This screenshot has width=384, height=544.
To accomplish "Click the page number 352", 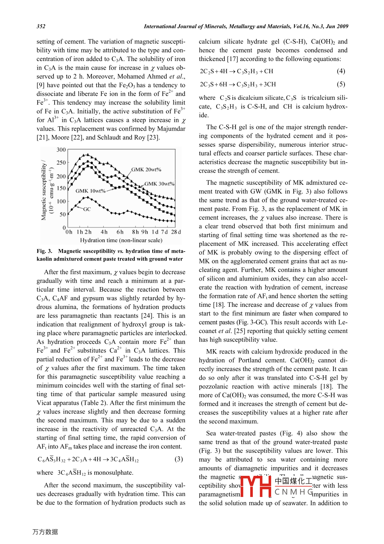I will (41, 26).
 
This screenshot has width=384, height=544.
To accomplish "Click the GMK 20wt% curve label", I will (146, 169).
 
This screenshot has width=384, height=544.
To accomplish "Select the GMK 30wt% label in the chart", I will (160, 184).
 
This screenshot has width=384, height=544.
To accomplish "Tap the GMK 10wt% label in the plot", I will (90, 191).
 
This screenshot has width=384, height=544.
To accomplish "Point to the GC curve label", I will (87, 209).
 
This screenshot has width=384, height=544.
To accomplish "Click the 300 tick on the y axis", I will (61, 150).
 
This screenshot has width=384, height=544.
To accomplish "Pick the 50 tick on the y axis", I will (63, 214).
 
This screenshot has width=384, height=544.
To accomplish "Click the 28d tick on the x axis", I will (176, 232).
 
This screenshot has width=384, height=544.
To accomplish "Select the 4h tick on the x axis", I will (104, 232).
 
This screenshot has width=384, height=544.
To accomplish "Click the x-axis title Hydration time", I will (121, 240).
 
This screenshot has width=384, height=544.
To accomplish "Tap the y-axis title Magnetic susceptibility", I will (44, 190).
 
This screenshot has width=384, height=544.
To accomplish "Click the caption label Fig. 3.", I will (44, 251).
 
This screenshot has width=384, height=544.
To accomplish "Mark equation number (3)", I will (179, 459).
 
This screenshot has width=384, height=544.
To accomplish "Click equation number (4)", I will (341, 71).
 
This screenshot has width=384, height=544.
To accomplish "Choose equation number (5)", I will (341, 84).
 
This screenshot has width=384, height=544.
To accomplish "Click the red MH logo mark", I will (256, 486).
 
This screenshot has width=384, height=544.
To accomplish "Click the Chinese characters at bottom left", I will (45, 532).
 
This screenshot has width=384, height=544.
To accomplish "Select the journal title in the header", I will (246, 26).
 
